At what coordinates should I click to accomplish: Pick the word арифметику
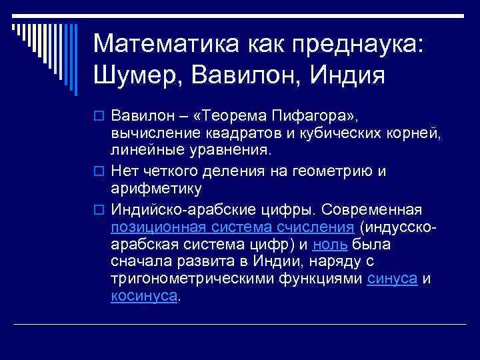tap(156, 189)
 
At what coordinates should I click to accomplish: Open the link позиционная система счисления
tap(232, 225)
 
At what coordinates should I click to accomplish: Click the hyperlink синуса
tap(393, 279)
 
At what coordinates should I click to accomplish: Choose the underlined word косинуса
tap(145, 297)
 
